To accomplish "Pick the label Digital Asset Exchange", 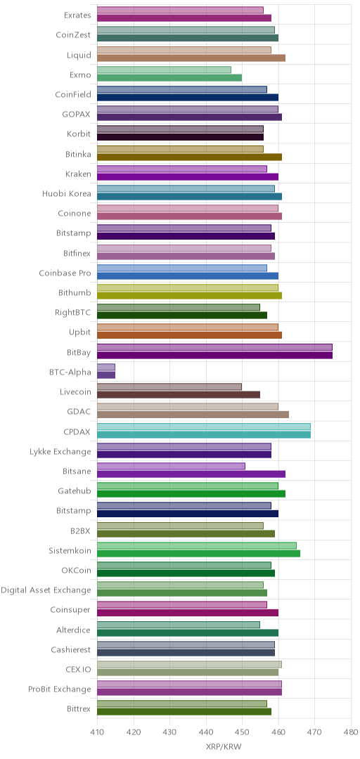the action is (46, 590).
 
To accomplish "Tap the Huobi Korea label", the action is (67, 194).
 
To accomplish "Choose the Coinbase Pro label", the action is (65, 273).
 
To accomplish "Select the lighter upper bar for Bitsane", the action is (171, 466).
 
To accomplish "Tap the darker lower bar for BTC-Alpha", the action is (106, 375).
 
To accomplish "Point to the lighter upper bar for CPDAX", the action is (204, 427).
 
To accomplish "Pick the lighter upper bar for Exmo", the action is (165, 70).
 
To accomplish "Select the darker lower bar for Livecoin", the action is (179, 394).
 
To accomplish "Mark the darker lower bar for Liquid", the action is (191, 58).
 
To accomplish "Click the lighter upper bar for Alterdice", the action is (179, 625).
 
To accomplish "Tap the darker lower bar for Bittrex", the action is (184, 711).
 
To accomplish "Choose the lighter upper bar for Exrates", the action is (180, 10).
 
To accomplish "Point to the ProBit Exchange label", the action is (60, 689).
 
